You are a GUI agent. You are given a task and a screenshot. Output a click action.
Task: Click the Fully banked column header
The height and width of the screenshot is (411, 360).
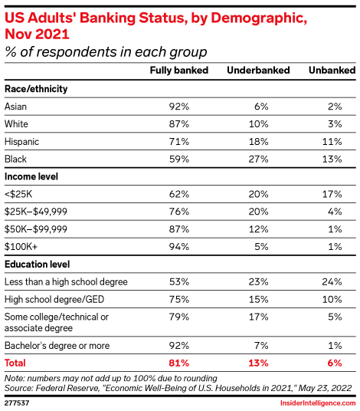click(x=178, y=71)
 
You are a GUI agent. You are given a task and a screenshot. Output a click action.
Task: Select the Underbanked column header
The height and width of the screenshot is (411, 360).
click(x=258, y=71)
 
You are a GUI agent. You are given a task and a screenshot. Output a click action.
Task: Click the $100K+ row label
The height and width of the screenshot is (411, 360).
click(x=21, y=246)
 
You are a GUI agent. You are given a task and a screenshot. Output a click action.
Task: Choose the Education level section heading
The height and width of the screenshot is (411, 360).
click(x=39, y=264)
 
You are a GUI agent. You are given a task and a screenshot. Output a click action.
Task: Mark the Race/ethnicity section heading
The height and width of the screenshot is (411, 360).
click(x=36, y=89)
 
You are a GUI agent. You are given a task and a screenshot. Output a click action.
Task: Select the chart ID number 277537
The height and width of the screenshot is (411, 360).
click(x=17, y=401)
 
